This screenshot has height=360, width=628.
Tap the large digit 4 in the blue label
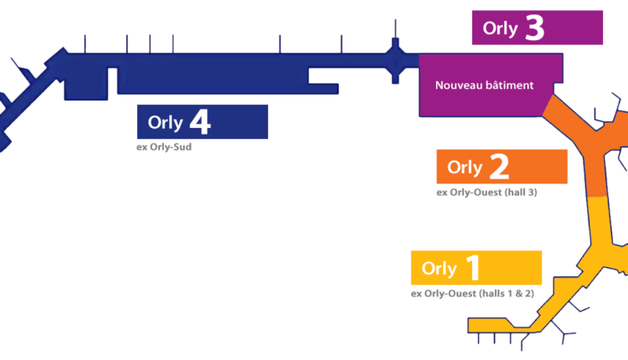pos(199,122)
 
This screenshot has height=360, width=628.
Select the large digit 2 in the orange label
pos(498,167)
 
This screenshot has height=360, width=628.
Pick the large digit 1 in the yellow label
pos(473,269)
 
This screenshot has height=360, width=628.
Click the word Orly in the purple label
pos(500,29)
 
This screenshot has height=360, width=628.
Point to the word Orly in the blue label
pos(165,123)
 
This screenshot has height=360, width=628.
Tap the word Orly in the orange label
pos(465,167)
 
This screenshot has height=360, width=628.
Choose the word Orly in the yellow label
pos(439,269)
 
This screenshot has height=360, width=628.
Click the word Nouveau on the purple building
pos(460,85)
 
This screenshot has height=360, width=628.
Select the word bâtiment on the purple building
pos(510,85)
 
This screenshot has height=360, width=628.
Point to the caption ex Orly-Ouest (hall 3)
pos(486,193)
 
